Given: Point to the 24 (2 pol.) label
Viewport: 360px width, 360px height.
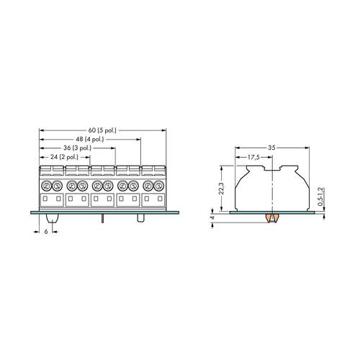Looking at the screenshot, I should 63,156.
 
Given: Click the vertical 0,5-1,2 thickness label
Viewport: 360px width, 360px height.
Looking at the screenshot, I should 320,195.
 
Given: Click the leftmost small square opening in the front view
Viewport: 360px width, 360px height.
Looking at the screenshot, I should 45,199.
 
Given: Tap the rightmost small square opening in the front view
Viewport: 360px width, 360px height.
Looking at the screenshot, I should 158,199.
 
